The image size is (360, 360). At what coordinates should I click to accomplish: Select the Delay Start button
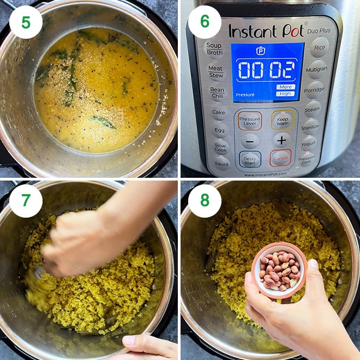[249, 158]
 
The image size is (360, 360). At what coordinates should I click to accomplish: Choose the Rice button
[320, 49]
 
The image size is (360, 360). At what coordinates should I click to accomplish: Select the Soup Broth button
[214, 49]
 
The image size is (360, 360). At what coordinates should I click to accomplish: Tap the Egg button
[219, 130]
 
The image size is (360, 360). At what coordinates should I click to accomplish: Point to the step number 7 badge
[26, 201]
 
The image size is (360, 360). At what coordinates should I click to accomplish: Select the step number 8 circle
[205, 201]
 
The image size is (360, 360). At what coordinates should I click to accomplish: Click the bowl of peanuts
[279, 269]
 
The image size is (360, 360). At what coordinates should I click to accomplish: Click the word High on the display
[285, 93]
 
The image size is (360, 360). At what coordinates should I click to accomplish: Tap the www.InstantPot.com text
[266, 175]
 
